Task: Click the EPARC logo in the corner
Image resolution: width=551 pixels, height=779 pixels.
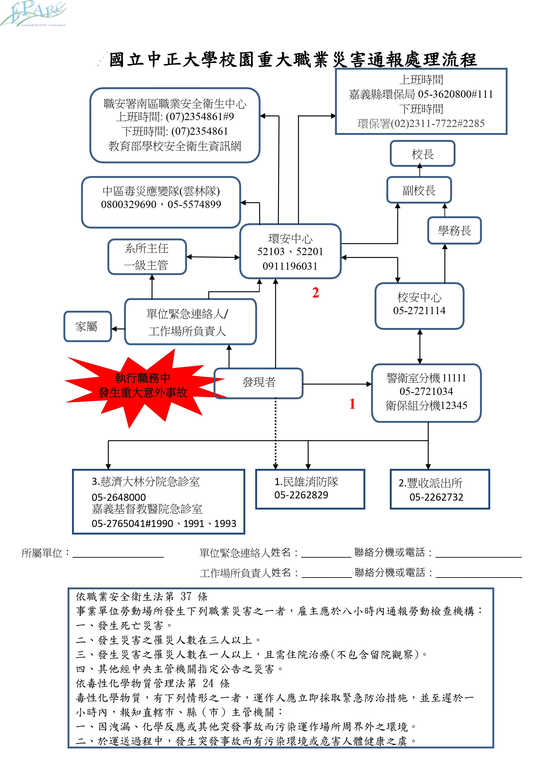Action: (x=33, y=14)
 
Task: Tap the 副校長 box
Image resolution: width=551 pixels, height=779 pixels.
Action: (x=419, y=190)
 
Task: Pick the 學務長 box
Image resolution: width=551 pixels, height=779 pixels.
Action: (x=454, y=231)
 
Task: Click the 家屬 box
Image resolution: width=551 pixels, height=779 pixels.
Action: (x=87, y=326)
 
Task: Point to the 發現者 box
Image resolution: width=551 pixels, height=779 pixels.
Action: (x=259, y=382)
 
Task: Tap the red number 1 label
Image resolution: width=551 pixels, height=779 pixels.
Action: (x=352, y=404)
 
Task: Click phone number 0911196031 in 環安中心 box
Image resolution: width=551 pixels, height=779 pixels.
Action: (x=290, y=266)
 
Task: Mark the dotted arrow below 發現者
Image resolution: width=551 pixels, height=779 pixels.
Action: (x=275, y=434)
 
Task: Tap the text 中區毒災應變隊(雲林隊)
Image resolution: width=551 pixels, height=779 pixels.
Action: (x=161, y=191)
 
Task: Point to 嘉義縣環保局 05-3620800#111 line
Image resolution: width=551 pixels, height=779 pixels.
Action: (x=421, y=94)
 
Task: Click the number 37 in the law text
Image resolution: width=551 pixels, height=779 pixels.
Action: (x=186, y=597)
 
